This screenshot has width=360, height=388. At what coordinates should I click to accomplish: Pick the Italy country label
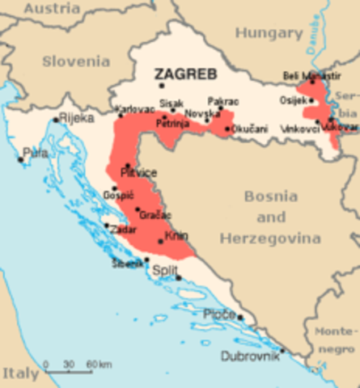19,373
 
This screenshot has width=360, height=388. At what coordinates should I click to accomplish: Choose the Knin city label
176,237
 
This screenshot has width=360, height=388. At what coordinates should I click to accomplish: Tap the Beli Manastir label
304,75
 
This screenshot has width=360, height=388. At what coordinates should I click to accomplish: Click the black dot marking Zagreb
162,85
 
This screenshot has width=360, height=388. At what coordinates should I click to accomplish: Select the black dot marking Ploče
240,318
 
